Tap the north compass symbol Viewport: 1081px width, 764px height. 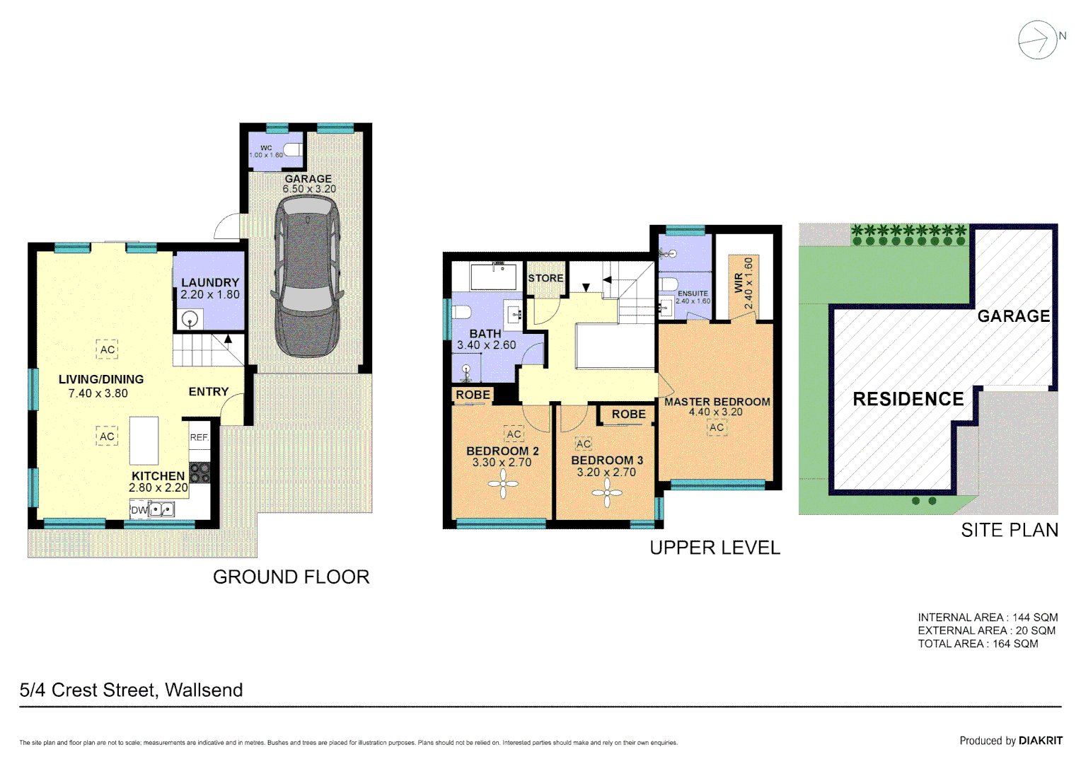[1038, 40]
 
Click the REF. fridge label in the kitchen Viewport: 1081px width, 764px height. [200, 438]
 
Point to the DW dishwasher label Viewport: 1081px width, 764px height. [139, 510]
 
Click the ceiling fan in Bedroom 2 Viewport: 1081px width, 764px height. [503, 485]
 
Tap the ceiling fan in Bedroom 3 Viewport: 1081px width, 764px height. [607, 493]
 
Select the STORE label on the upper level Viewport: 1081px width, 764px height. [545, 279]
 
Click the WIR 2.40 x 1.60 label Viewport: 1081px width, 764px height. [744, 283]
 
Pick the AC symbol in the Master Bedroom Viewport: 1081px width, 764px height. [717, 427]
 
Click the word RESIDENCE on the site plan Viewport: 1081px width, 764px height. [908, 400]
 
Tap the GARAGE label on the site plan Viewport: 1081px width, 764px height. [1013, 316]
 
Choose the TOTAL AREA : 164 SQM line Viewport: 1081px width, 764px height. [978, 644]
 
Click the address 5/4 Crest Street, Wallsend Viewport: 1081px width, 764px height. [131, 690]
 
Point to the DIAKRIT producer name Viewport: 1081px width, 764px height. [1040, 741]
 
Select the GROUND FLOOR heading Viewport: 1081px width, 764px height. [291, 577]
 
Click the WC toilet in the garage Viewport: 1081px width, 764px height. [292, 150]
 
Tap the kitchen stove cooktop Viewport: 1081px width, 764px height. [200, 472]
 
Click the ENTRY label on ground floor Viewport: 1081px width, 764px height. [209, 392]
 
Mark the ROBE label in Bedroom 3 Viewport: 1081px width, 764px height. [628, 415]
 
